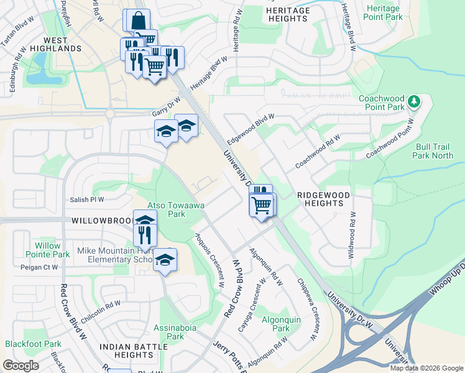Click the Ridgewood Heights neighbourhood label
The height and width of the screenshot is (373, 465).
click(323, 199)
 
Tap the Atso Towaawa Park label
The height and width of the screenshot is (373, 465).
click(167, 210)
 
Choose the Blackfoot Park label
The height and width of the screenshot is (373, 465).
click(33, 344)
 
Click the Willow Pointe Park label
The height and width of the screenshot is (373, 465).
click(48, 250)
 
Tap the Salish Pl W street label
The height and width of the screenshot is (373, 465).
click(87, 200)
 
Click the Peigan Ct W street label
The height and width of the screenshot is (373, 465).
click(38, 267)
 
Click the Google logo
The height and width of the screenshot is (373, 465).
click(21, 366)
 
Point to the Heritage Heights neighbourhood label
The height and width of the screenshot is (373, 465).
click(288, 15)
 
